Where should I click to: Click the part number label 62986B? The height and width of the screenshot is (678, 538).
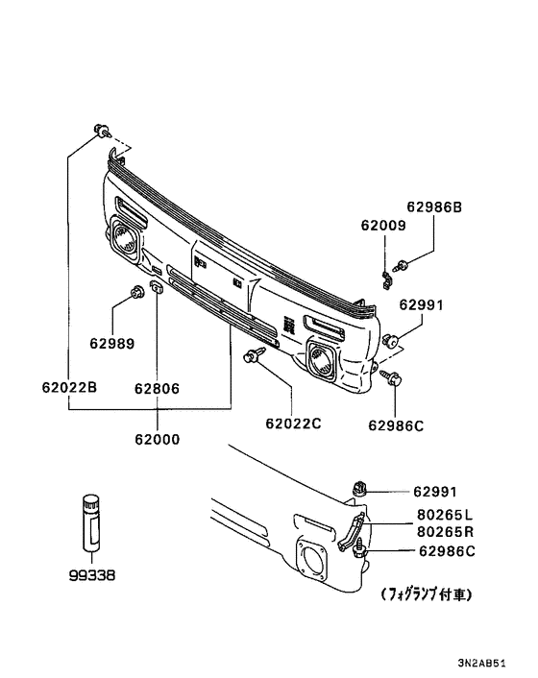(434, 206)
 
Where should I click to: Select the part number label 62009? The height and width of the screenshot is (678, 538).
(383, 226)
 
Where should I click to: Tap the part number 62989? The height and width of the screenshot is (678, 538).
(112, 343)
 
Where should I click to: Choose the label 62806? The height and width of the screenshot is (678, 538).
(157, 389)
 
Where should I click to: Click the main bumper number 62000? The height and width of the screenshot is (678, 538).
(157, 439)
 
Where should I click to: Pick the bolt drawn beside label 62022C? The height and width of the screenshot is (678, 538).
(255, 357)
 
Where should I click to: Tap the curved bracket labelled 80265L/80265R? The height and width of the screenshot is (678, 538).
(353, 534)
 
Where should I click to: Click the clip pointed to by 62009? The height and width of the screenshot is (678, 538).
(386, 278)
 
